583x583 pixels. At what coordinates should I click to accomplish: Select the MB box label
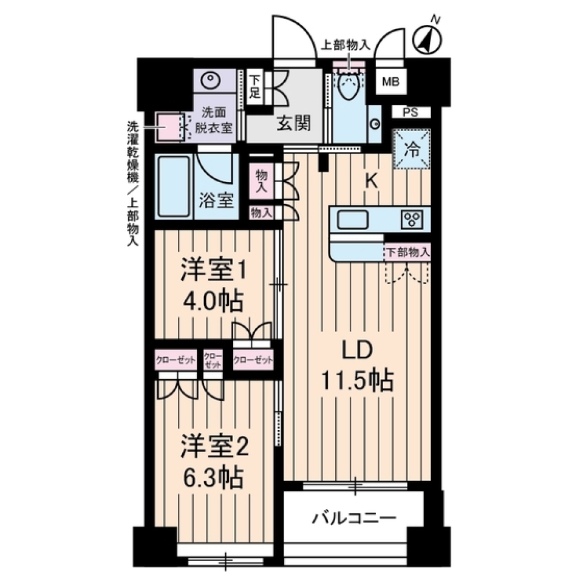click(x=390, y=83)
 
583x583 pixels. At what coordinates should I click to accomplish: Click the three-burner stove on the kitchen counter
click(x=413, y=219)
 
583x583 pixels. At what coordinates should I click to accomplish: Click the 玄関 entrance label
click(x=295, y=124)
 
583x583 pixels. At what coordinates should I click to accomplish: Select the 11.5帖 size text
click(x=357, y=381)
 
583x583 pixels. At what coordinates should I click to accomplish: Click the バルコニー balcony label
click(x=355, y=518)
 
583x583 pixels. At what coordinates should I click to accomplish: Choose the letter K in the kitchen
click(x=372, y=180)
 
